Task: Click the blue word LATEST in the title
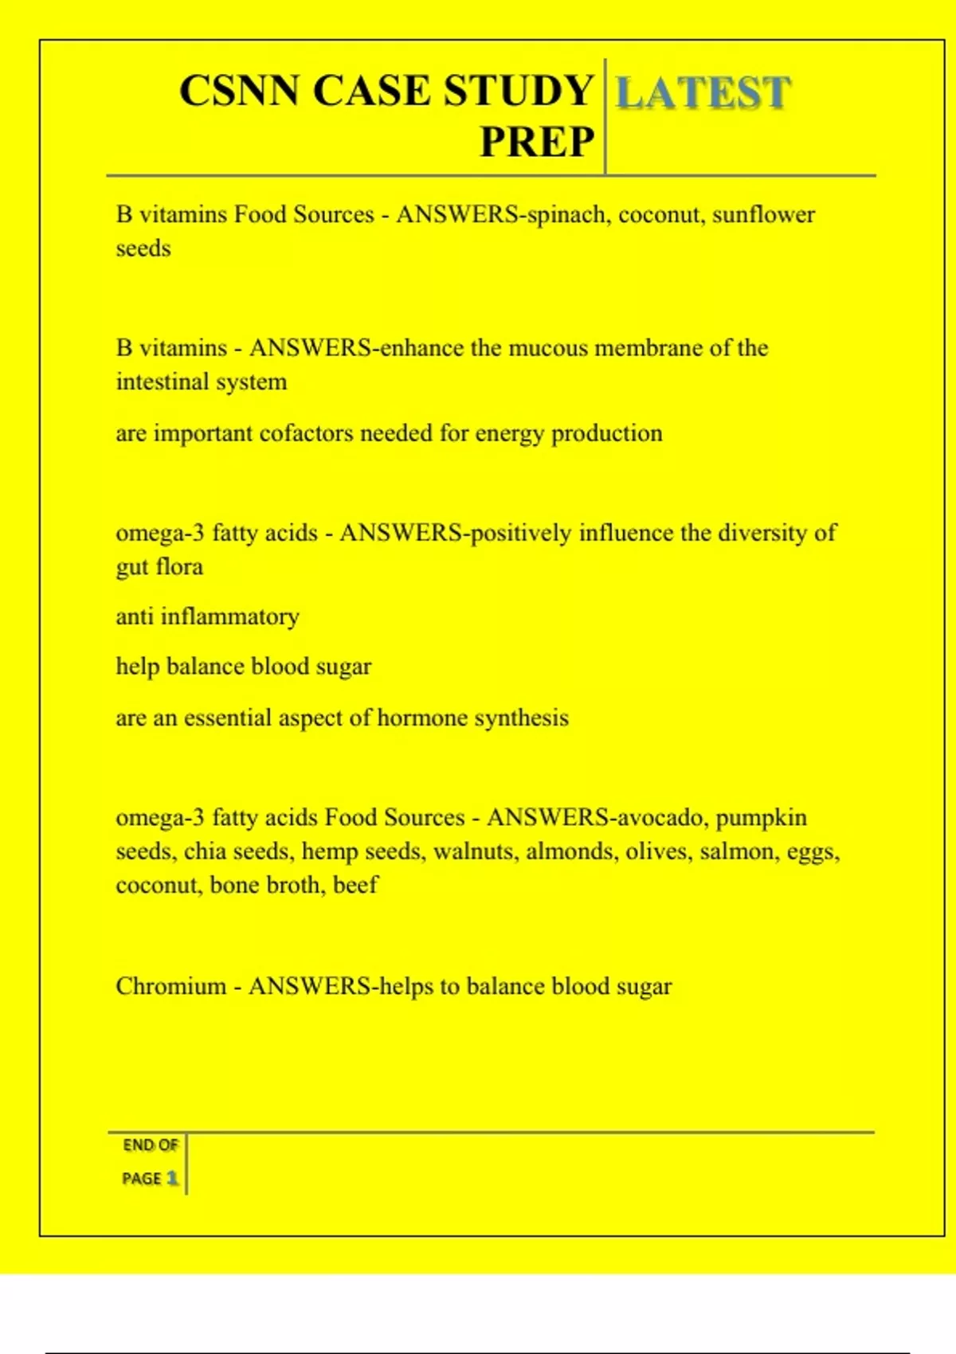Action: point(703,92)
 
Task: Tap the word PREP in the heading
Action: point(537,143)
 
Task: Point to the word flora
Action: point(179,567)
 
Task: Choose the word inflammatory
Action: point(230,617)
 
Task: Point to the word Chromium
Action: point(171,987)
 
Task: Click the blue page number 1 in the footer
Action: point(172,1178)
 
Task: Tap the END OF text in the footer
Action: point(150,1145)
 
